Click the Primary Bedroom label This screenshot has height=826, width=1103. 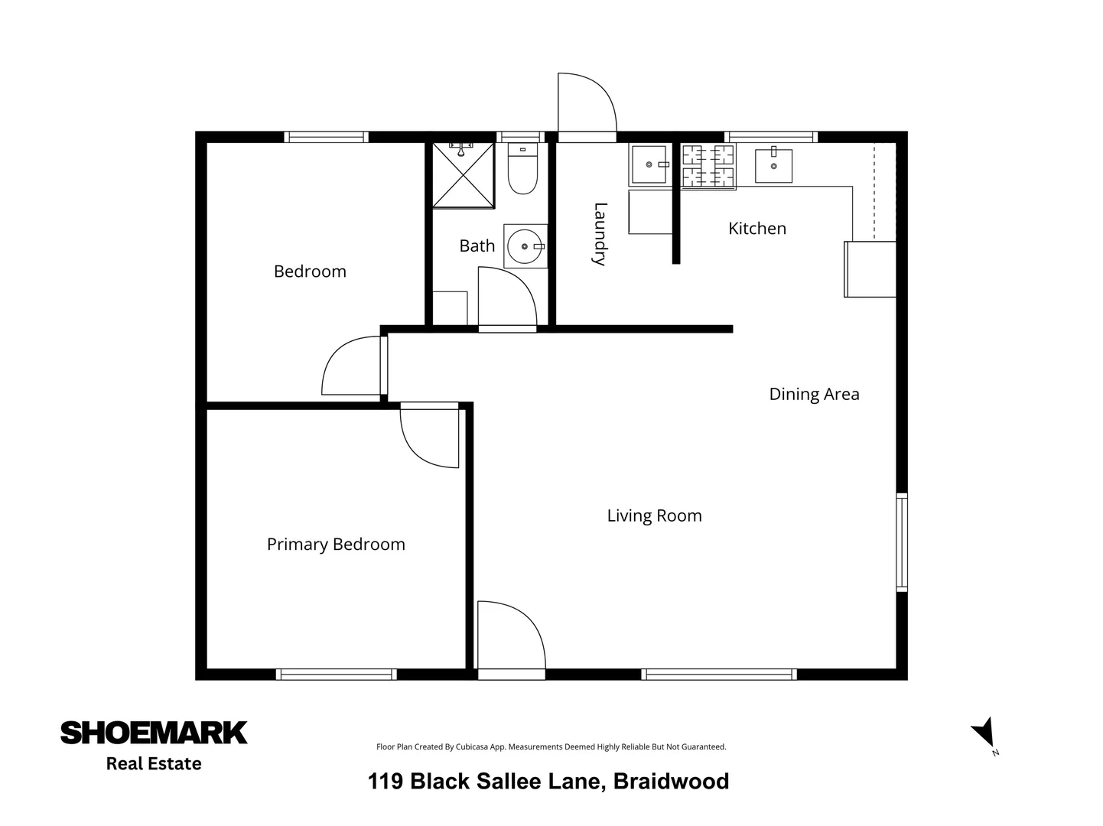pos(336,545)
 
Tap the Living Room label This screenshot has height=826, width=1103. pos(654,515)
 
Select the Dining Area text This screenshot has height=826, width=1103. pos(814,394)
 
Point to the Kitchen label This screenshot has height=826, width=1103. pos(756,228)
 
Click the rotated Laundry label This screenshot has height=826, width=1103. pos(600,234)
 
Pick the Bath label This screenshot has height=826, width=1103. pos(477,246)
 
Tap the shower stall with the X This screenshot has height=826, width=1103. pos(464,175)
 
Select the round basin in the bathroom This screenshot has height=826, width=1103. pos(525,246)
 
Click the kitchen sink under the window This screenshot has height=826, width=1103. pos(773,165)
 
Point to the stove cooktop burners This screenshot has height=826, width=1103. pos(708,166)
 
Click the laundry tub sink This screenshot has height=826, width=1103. pos(649,164)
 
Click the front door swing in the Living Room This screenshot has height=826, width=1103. pos(509,636)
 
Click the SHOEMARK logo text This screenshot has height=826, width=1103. pos(154,733)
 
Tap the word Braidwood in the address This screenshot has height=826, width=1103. pos(671,781)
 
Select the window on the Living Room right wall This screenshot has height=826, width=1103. pos(902,543)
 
